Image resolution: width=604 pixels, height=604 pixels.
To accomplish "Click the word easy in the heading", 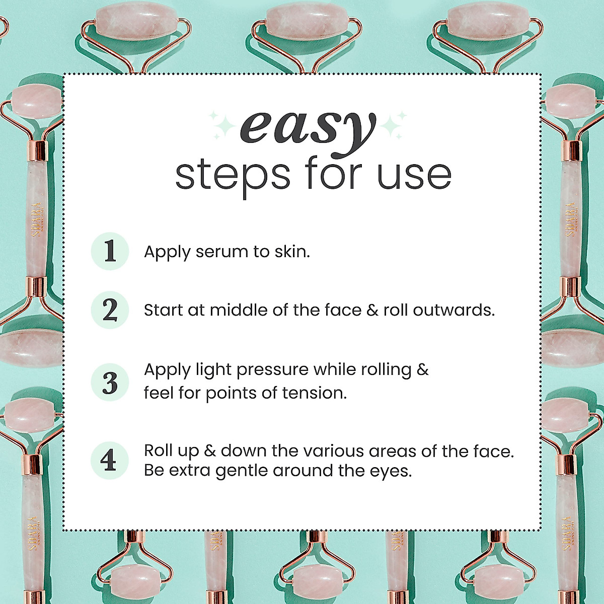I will coord(308,128).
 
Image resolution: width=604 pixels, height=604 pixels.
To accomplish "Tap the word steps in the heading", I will coord(233,175).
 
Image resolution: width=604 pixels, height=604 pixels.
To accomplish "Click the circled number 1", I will coord(110,251).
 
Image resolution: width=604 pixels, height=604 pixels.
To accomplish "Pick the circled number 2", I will coord(110,310).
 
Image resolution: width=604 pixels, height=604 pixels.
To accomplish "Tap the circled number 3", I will coord(110,382).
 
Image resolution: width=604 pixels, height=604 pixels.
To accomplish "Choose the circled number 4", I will coord(109,461).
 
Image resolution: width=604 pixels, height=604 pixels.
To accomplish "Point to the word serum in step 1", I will coord(219,252).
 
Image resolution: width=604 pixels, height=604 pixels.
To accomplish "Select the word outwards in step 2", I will coord(454,310).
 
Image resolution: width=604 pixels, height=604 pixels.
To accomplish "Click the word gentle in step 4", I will coord(242,471).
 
